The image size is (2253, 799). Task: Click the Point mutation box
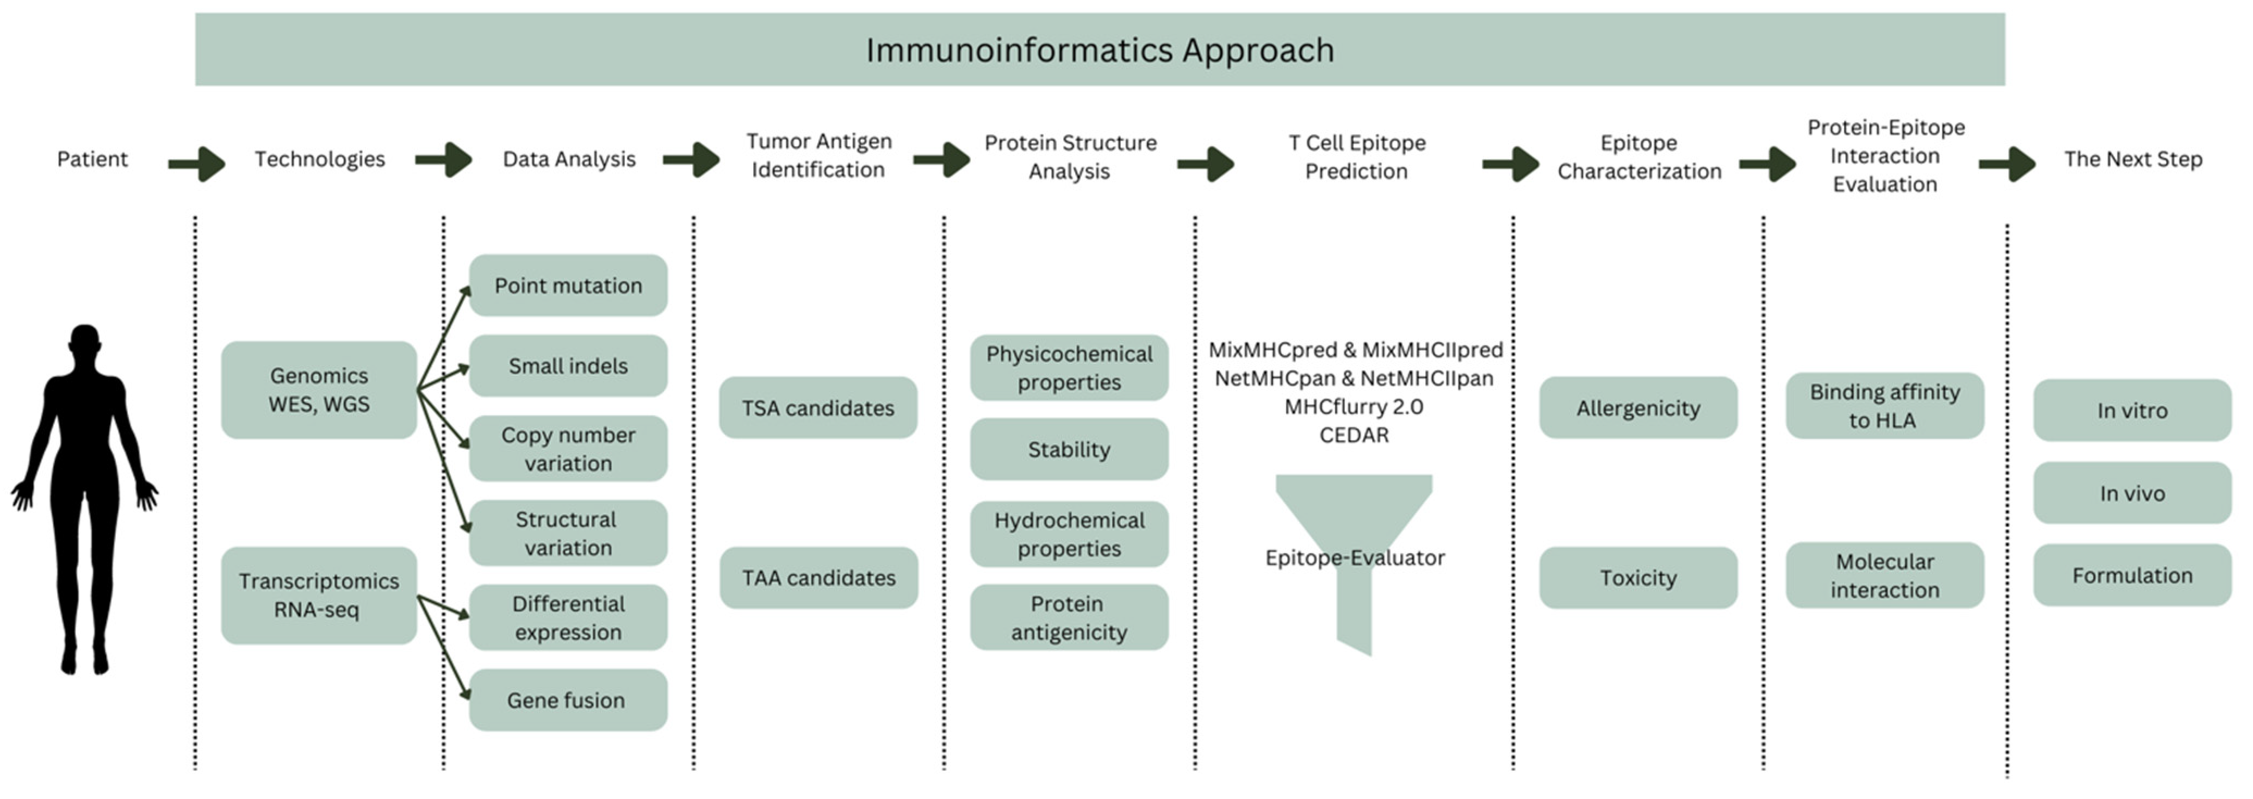[x=568, y=286]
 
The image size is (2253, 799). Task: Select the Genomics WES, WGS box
[x=319, y=389]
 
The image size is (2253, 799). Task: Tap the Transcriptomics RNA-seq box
[x=319, y=595]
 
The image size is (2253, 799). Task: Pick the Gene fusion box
[x=568, y=700]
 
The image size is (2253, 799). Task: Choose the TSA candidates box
[x=818, y=408]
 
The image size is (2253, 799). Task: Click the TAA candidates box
[x=818, y=578]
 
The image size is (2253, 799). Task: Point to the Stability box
[x=1069, y=449]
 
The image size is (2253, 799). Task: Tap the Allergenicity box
[x=1638, y=408]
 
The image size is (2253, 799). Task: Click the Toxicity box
[x=1638, y=578]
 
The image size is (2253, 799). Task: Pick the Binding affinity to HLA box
[x=1885, y=405]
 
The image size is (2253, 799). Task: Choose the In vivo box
[x=2132, y=493]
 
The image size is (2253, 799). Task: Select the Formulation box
[x=2132, y=575]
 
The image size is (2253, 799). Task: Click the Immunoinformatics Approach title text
[x=1100, y=50]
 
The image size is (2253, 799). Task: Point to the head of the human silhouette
[x=85, y=342]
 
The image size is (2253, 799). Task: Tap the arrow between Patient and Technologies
[x=197, y=163]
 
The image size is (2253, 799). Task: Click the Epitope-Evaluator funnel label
[x=1355, y=558]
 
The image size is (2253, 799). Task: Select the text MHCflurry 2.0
[x=1354, y=407]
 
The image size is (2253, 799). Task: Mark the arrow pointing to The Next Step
[x=2008, y=163]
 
